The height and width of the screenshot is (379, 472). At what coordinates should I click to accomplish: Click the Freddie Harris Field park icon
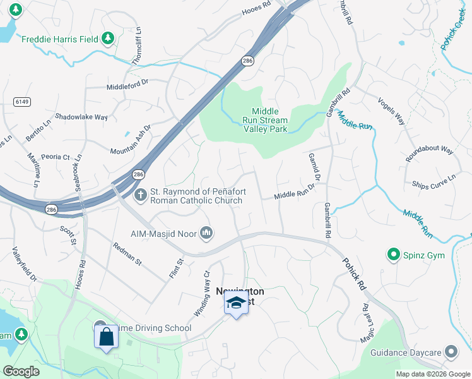(108, 39)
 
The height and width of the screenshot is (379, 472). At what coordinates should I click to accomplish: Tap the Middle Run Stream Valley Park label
(265, 120)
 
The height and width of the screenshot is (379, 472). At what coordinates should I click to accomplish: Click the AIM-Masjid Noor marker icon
(206, 234)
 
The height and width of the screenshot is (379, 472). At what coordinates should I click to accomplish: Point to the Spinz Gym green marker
(394, 255)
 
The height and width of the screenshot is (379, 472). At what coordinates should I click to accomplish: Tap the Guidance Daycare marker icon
(451, 351)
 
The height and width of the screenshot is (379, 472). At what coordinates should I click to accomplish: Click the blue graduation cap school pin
(236, 303)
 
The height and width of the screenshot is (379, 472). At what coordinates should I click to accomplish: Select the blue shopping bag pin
(106, 338)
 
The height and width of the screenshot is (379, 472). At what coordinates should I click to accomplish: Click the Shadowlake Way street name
(81, 117)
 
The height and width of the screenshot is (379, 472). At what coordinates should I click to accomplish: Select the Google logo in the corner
(21, 371)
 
